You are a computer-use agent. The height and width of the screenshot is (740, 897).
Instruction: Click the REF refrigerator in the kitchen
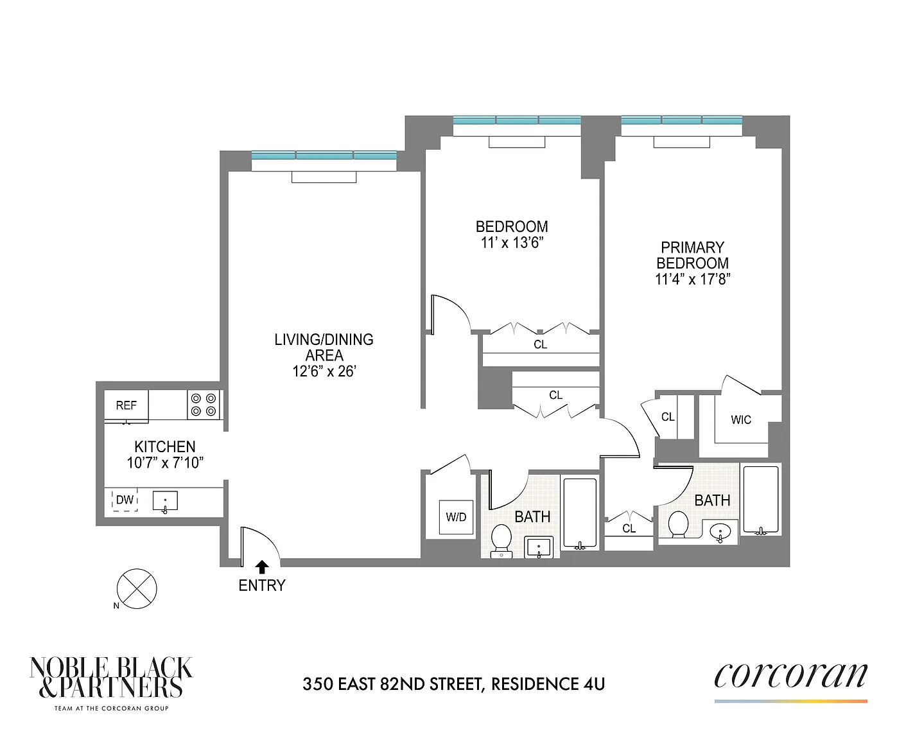point(126,405)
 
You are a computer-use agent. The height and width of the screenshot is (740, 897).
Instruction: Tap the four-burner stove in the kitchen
point(203,405)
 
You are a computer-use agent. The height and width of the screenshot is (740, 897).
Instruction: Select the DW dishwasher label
point(125,500)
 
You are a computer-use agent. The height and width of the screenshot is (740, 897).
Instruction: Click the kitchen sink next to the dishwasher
point(165,501)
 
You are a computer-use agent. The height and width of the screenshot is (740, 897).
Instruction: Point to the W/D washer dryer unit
point(456,517)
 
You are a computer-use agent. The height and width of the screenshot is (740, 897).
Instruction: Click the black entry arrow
point(262,567)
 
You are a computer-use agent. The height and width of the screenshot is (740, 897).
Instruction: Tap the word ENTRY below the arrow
point(262,585)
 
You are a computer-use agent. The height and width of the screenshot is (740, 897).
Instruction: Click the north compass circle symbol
point(137,589)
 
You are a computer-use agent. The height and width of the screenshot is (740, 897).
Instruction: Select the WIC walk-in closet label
point(741,420)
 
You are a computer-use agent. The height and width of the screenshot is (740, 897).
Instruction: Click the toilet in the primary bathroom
point(679,524)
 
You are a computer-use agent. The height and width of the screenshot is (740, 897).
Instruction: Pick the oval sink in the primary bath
point(720,533)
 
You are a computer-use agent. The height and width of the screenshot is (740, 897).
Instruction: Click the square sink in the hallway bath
point(539,548)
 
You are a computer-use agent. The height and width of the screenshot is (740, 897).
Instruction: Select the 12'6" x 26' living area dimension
point(324,371)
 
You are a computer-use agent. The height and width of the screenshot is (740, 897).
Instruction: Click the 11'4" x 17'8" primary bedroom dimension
point(693,279)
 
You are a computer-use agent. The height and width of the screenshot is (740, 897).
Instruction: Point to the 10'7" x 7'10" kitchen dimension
point(165,463)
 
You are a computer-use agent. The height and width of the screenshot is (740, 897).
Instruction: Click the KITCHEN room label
point(165,447)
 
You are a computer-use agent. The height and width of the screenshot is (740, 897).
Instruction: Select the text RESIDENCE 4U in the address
point(548,684)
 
